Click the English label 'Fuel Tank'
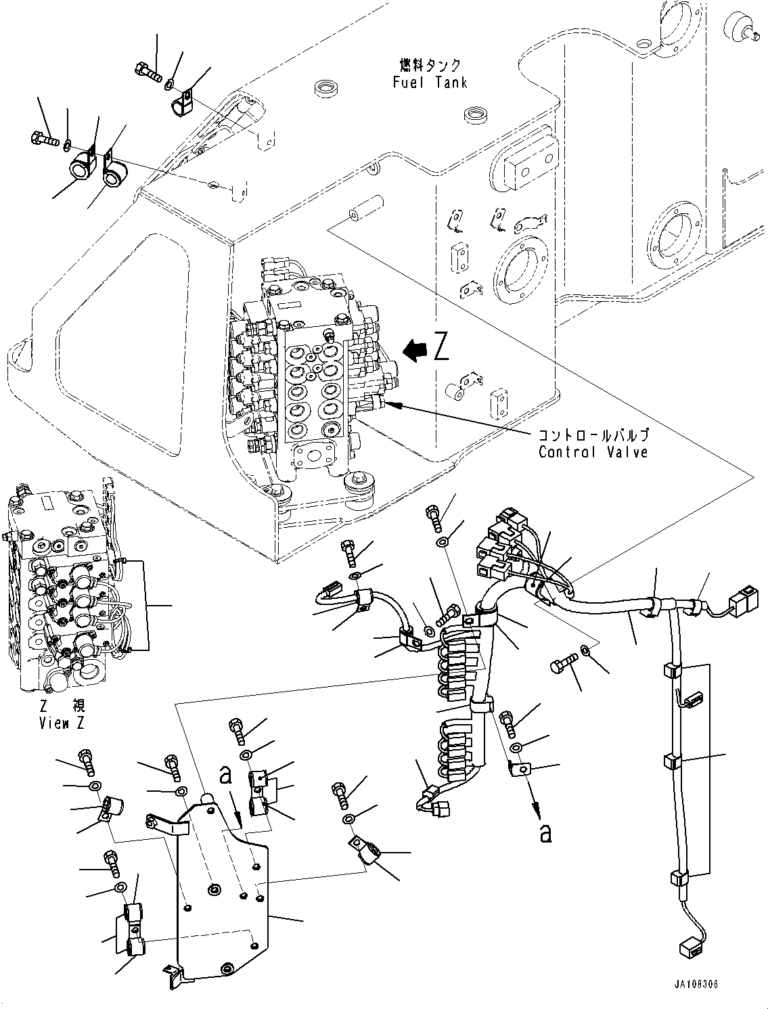(x=429, y=83)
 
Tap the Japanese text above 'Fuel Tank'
(x=429, y=66)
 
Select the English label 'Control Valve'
(x=593, y=451)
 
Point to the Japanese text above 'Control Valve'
(x=593, y=435)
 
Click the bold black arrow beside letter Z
(x=415, y=349)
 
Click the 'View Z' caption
(x=62, y=723)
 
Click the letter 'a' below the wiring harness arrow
(x=545, y=834)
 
